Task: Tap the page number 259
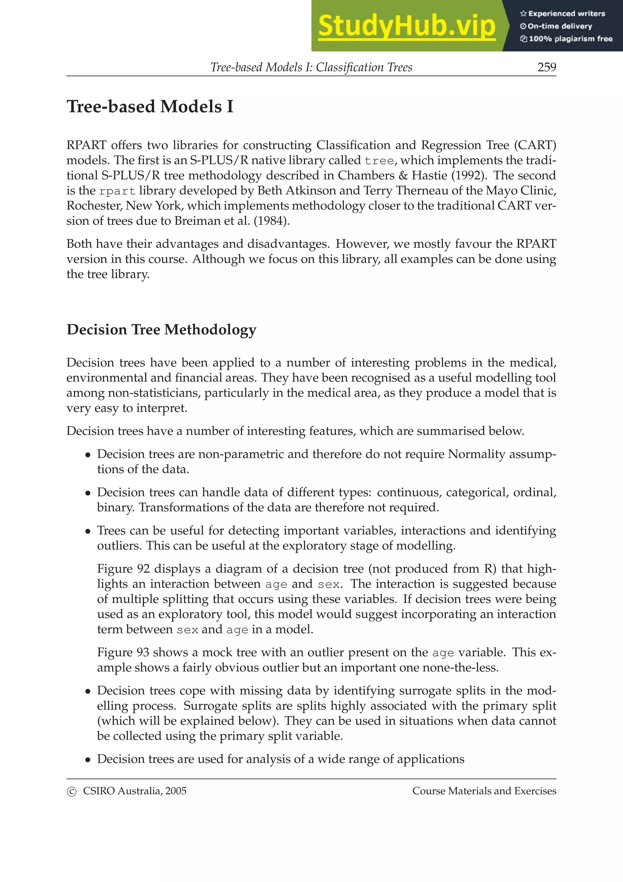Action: (x=547, y=67)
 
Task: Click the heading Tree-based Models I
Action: (x=150, y=107)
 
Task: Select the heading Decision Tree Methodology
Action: (x=161, y=330)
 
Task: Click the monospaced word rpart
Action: (x=117, y=191)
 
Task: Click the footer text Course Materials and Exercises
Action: (x=484, y=791)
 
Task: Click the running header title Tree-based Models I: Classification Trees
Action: (x=311, y=67)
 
